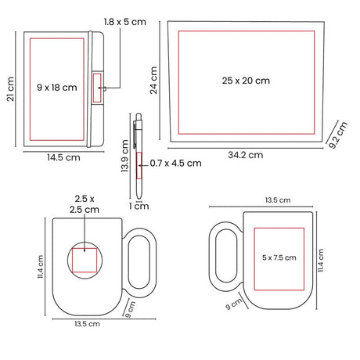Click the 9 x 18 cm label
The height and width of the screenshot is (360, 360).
click(57, 88)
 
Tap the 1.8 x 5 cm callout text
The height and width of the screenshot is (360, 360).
click(125, 22)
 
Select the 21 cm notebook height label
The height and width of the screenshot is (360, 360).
click(10, 89)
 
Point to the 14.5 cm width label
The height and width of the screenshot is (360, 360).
click(63, 157)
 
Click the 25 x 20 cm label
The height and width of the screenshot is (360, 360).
click(246, 81)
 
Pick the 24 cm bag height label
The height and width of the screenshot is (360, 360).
click(153, 80)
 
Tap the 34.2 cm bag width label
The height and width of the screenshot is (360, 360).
click(246, 155)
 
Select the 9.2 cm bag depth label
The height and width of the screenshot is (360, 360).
click(338, 135)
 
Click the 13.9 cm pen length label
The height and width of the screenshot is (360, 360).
click(125, 156)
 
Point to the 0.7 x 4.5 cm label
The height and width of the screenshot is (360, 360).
click(175, 164)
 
